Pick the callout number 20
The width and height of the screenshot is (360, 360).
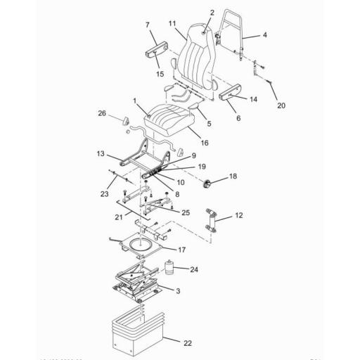(281, 107)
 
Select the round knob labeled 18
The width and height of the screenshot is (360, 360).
(208, 184)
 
